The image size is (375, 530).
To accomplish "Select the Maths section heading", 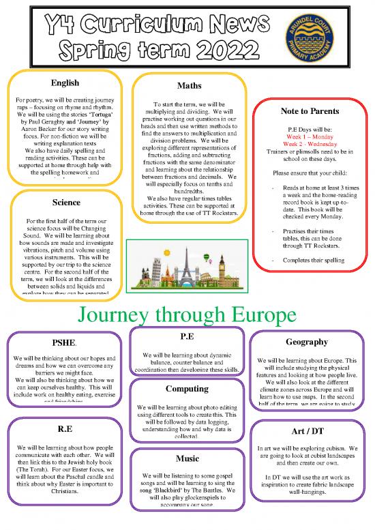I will point(187,87).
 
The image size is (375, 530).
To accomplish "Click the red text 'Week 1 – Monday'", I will point(310,136).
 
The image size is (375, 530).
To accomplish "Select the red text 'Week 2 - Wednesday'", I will point(310,144).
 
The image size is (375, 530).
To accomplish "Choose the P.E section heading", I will point(187,337).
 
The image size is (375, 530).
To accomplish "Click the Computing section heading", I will point(187,388).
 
